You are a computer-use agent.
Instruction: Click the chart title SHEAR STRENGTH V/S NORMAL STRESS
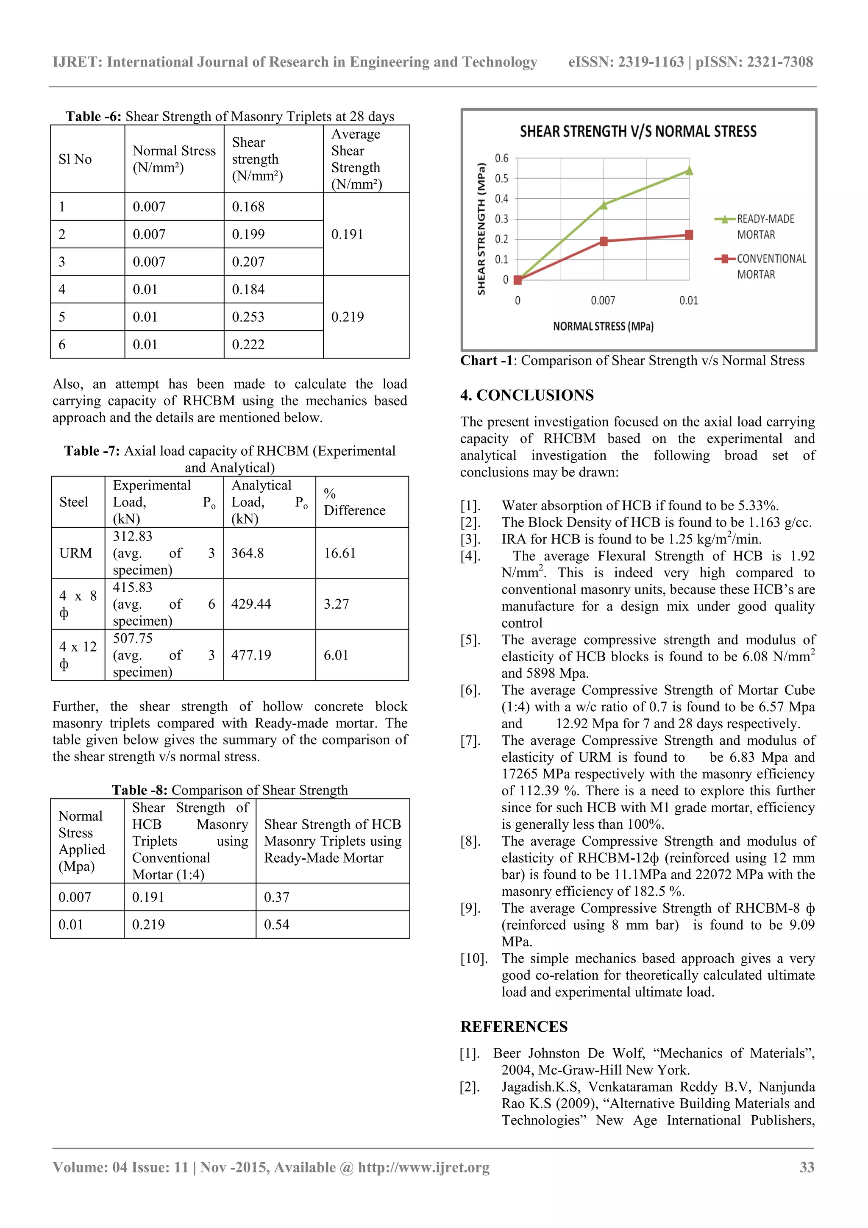click(x=637, y=131)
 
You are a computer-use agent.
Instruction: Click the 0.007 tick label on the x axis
click(x=603, y=301)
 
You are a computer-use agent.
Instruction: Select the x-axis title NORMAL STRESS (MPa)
click(x=603, y=326)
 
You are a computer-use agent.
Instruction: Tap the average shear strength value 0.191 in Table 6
click(x=347, y=234)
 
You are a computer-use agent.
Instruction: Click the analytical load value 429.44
click(x=251, y=604)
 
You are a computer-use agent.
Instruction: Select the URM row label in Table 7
click(x=75, y=553)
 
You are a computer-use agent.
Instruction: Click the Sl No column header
click(x=75, y=159)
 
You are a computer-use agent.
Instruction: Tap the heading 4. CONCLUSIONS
click(x=527, y=395)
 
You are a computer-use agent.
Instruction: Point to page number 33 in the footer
click(x=807, y=1167)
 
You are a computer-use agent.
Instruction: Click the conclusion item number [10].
click(x=474, y=958)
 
